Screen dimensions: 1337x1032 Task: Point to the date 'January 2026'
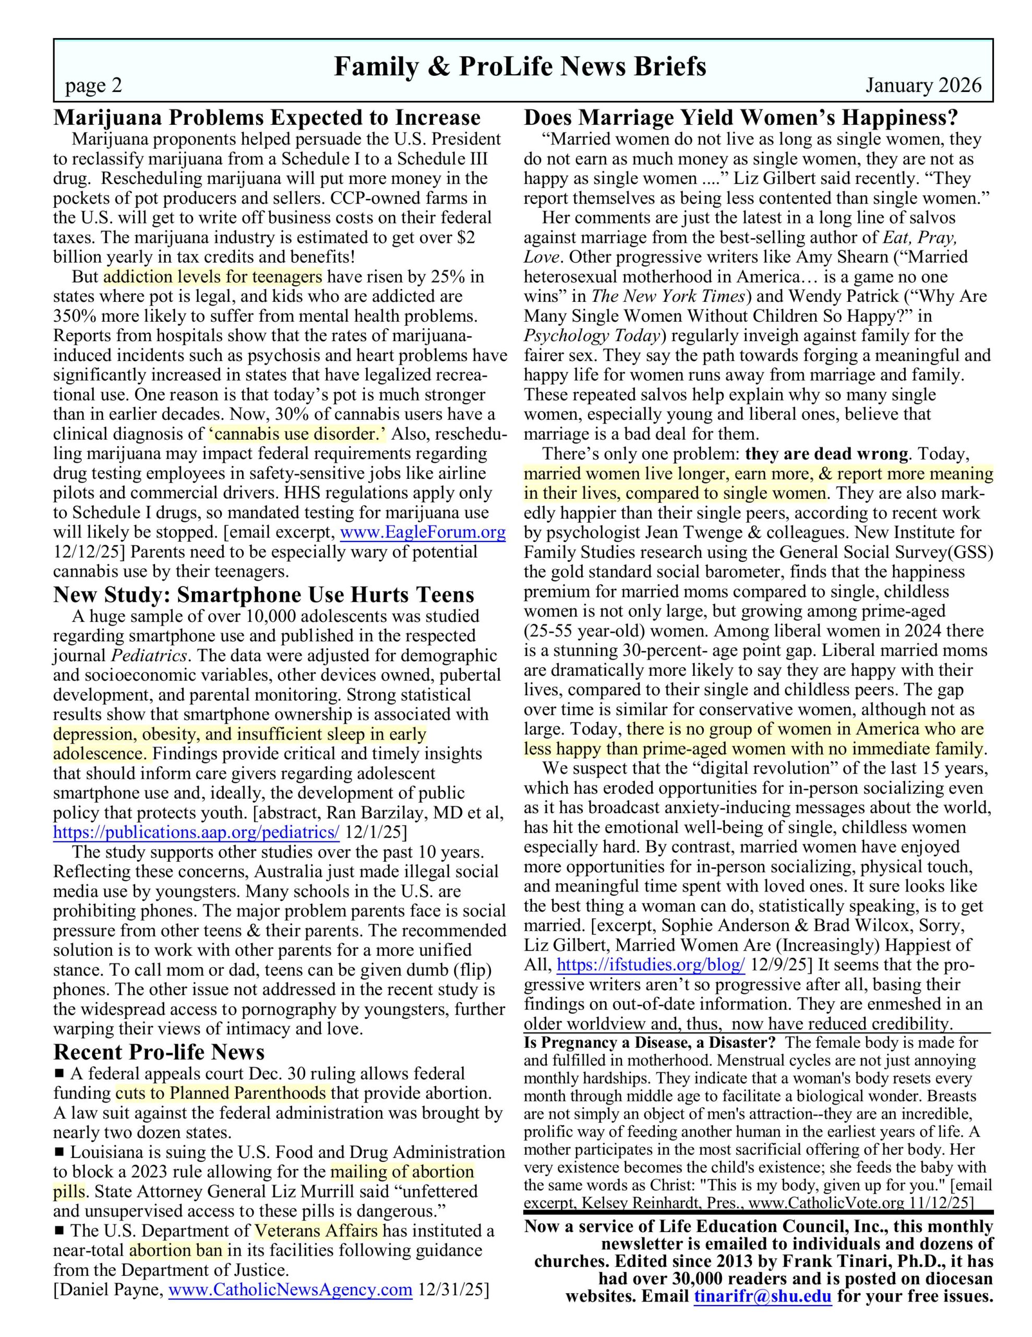coord(922,86)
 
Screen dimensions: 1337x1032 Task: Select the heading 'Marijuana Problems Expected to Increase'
coord(267,118)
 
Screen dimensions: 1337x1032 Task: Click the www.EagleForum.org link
coord(423,533)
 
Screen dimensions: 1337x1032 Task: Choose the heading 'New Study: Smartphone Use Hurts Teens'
coord(263,594)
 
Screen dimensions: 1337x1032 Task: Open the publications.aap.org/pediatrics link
coord(196,832)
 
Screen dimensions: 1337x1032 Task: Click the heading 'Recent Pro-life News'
coord(159,1052)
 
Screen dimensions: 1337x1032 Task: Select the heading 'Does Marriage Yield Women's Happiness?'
coord(741,118)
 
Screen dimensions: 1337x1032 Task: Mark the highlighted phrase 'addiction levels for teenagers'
coord(213,277)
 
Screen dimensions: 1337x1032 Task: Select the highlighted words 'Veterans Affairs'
coord(318,1230)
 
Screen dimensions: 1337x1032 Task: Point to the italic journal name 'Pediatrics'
coord(149,655)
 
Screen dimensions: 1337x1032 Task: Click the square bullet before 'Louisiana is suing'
coord(59,1152)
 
